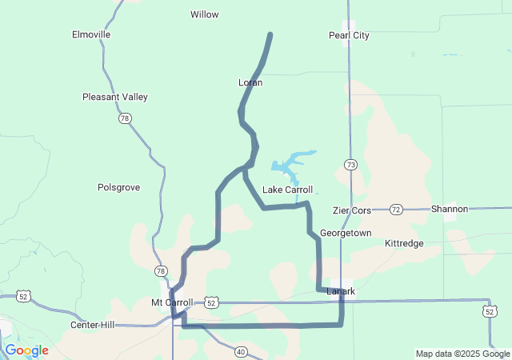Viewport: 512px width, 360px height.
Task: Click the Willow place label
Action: tap(205, 14)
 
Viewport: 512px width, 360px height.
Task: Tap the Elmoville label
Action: tap(91, 35)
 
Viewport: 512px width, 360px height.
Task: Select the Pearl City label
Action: tap(349, 35)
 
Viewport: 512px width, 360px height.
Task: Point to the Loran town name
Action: tap(250, 82)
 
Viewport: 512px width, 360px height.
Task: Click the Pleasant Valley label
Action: tap(115, 97)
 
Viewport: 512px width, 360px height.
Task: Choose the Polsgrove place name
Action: tap(118, 187)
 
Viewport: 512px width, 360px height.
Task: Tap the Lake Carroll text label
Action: tap(288, 190)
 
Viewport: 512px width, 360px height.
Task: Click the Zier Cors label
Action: tap(352, 210)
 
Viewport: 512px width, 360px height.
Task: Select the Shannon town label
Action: tap(449, 209)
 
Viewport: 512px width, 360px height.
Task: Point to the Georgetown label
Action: tap(346, 233)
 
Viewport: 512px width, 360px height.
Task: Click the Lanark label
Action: tap(341, 291)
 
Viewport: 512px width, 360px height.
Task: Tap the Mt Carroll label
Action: tap(172, 302)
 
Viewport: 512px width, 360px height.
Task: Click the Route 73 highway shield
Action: tap(351, 164)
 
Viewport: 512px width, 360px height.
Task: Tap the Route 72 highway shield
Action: tap(396, 210)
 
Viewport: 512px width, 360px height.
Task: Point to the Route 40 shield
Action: tap(241, 350)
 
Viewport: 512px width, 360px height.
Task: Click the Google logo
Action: tap(26, 350)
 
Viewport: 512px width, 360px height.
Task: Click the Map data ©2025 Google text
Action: tap(462, 354)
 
